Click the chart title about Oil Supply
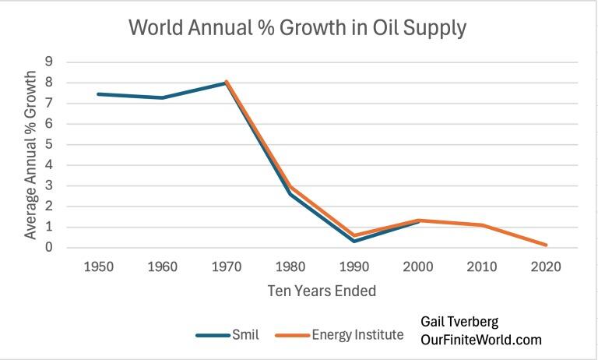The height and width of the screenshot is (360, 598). (297, 28)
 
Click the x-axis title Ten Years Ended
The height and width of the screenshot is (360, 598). (321, 291)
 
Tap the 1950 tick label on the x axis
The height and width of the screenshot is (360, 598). (98, 266)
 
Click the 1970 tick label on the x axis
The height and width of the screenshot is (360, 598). (226, 266)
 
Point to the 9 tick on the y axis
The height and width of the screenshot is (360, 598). (48, 62)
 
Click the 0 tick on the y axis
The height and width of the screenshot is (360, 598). (48, 248)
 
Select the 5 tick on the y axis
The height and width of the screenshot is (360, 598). (48, 144)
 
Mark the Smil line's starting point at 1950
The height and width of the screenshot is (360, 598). (98, 94)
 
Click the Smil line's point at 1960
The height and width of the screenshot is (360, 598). (162, 97)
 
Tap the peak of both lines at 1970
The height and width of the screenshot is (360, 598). (226, 81)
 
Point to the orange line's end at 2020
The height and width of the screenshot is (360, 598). (544, 245)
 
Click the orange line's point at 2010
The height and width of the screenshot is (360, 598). (480, 225)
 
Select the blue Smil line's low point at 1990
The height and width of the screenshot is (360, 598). (353, 241)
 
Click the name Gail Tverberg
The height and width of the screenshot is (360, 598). (460, 322)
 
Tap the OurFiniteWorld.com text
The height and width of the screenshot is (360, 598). (480, 341)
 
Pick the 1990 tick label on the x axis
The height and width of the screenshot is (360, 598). (353, 266)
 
